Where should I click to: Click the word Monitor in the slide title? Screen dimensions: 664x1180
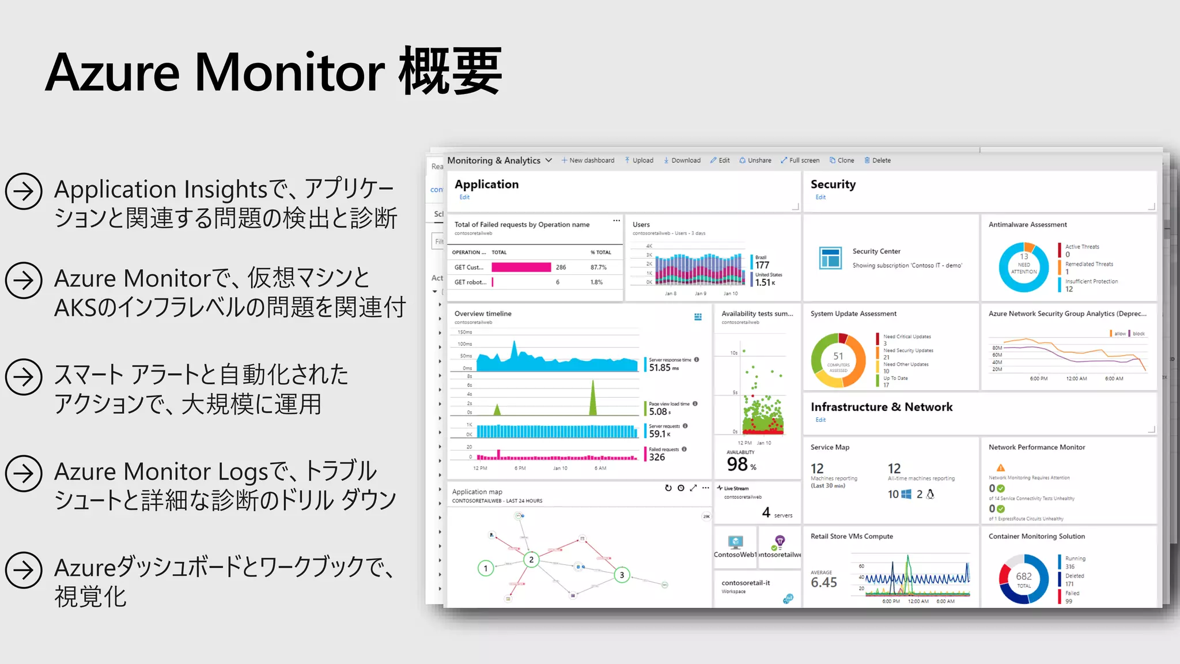point(290,73)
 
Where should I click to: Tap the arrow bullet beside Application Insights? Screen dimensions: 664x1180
point(24,191)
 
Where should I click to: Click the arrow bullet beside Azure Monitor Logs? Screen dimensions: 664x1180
point(24,473)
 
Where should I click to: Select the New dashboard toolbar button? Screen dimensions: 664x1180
point(588,160)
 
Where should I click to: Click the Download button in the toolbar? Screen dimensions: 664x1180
point(682,160)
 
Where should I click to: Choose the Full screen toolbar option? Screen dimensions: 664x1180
point(800,160)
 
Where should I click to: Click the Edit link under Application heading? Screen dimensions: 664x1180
point(464,197)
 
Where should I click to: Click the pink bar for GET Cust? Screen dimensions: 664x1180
point(521,267)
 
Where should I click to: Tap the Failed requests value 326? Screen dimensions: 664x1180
point(657,457)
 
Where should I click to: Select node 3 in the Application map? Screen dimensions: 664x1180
point(622,575)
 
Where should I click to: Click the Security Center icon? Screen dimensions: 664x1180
point(830,258)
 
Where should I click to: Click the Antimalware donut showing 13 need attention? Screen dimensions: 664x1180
point(1024,267)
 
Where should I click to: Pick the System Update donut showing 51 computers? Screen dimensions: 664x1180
point(838,360)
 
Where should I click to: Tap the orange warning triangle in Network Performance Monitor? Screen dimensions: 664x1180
point(1001,467)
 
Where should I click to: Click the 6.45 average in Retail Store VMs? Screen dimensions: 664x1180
point(823,582)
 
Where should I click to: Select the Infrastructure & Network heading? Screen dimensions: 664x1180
point(882,407)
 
